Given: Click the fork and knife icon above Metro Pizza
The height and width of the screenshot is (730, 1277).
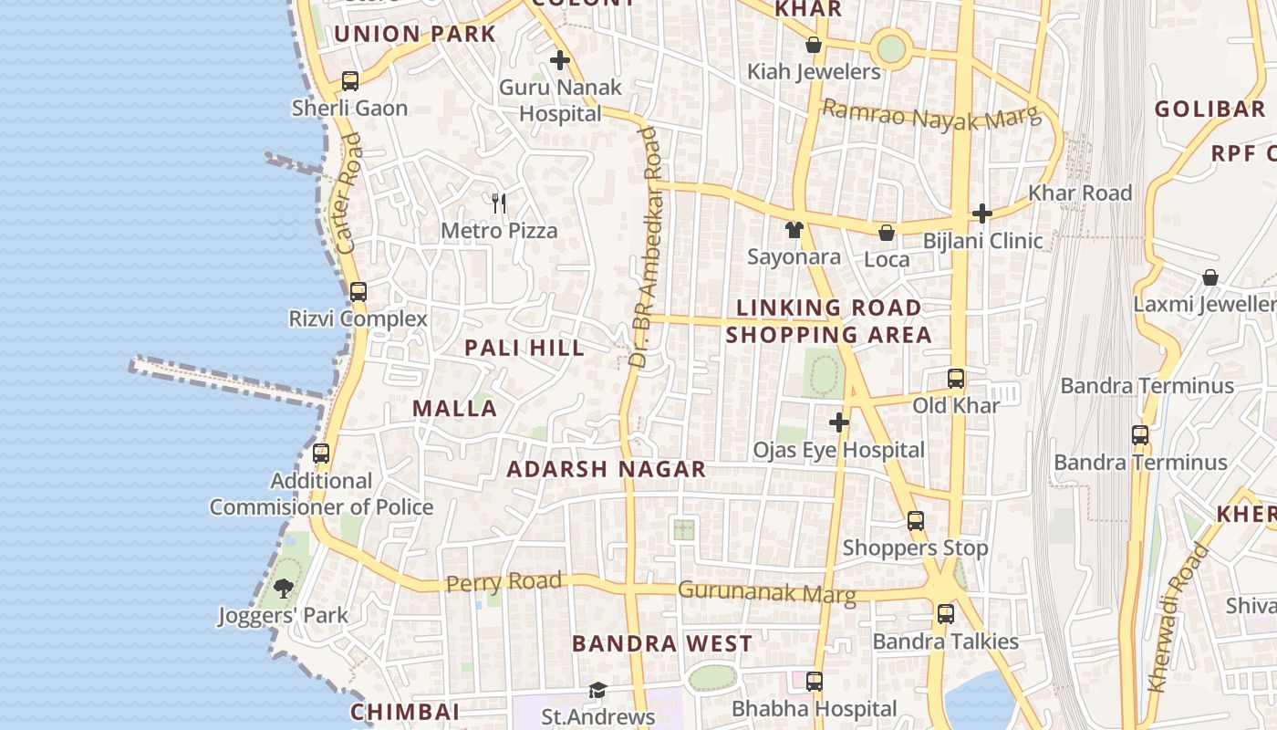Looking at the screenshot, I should (498, 203).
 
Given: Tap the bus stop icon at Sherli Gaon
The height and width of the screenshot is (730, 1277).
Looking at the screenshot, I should (350, 80).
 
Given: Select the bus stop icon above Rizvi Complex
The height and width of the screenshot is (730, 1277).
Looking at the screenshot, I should (358, 292).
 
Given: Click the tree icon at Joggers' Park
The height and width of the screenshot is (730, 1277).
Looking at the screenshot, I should (284, 588).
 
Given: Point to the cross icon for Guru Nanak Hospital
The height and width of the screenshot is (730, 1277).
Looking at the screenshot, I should (560, 61).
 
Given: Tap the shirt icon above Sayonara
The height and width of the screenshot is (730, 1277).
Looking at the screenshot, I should (794, 229).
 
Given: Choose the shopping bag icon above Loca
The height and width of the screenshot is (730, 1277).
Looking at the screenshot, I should (886, 233).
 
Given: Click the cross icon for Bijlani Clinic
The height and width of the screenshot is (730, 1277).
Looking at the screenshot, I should (982, 214).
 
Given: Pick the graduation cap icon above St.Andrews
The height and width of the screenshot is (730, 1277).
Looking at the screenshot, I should (597, 690).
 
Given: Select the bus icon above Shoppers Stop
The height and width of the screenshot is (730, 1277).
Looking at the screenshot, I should (916, 521).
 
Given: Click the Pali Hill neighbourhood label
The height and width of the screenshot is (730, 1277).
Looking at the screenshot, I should (524, 348).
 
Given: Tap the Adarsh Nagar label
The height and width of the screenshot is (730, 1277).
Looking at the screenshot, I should (606, 470).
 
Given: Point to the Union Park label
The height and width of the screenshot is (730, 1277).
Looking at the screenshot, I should (414, 35).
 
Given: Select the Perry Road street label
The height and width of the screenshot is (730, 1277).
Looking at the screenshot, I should (504, 582).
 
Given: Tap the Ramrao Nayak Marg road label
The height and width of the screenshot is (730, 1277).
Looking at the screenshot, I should (930, 115).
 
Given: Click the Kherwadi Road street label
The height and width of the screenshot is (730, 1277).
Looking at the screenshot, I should (1178, 617).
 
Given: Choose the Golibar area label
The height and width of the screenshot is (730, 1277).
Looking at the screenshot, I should (1210, 109).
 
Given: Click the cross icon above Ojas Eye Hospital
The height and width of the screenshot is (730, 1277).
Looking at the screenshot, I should (839, 422).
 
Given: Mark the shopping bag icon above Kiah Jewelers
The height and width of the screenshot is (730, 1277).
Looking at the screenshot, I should (814, 45).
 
